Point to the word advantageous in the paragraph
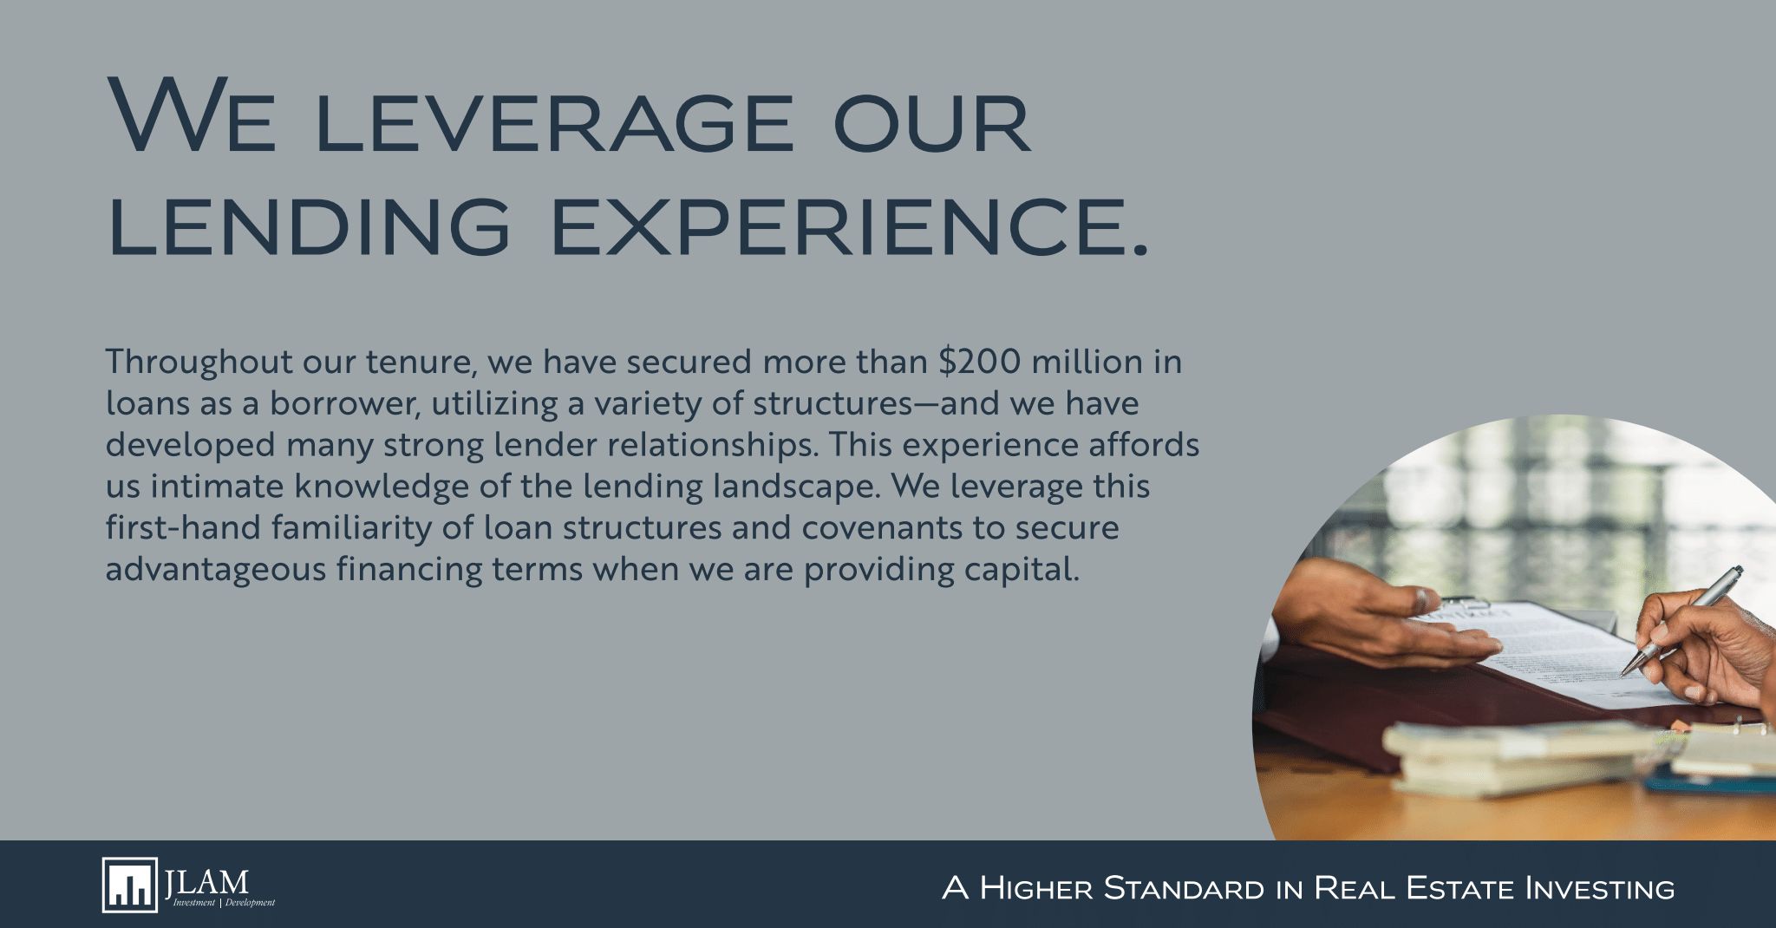[x=215, y=570]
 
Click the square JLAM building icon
[x=130, y=885]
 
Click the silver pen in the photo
[x=1681, y=619]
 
